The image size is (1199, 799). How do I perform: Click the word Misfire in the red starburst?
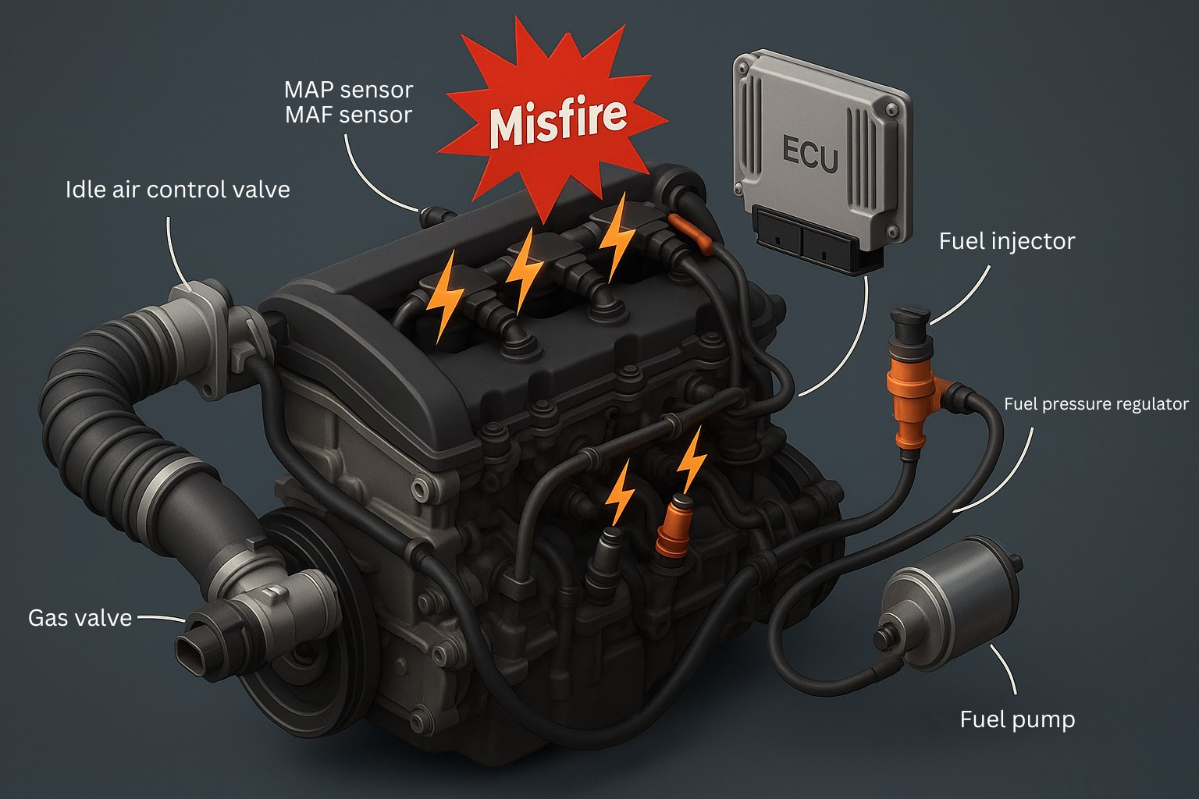coord(558,121)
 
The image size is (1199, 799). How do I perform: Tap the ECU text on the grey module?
coord(809,153)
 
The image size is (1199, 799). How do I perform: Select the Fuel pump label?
coord(1017,719)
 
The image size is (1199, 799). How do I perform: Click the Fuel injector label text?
coord(1006,241)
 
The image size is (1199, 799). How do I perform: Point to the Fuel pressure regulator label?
coord(1095,404)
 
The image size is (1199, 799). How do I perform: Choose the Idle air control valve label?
coord(177,190)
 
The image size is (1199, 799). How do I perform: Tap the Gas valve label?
coord(80,618)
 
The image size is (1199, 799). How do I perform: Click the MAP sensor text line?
coord(348,90)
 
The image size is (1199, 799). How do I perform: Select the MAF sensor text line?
coord(348,115)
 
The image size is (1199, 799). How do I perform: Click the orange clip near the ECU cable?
coord(690,234)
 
